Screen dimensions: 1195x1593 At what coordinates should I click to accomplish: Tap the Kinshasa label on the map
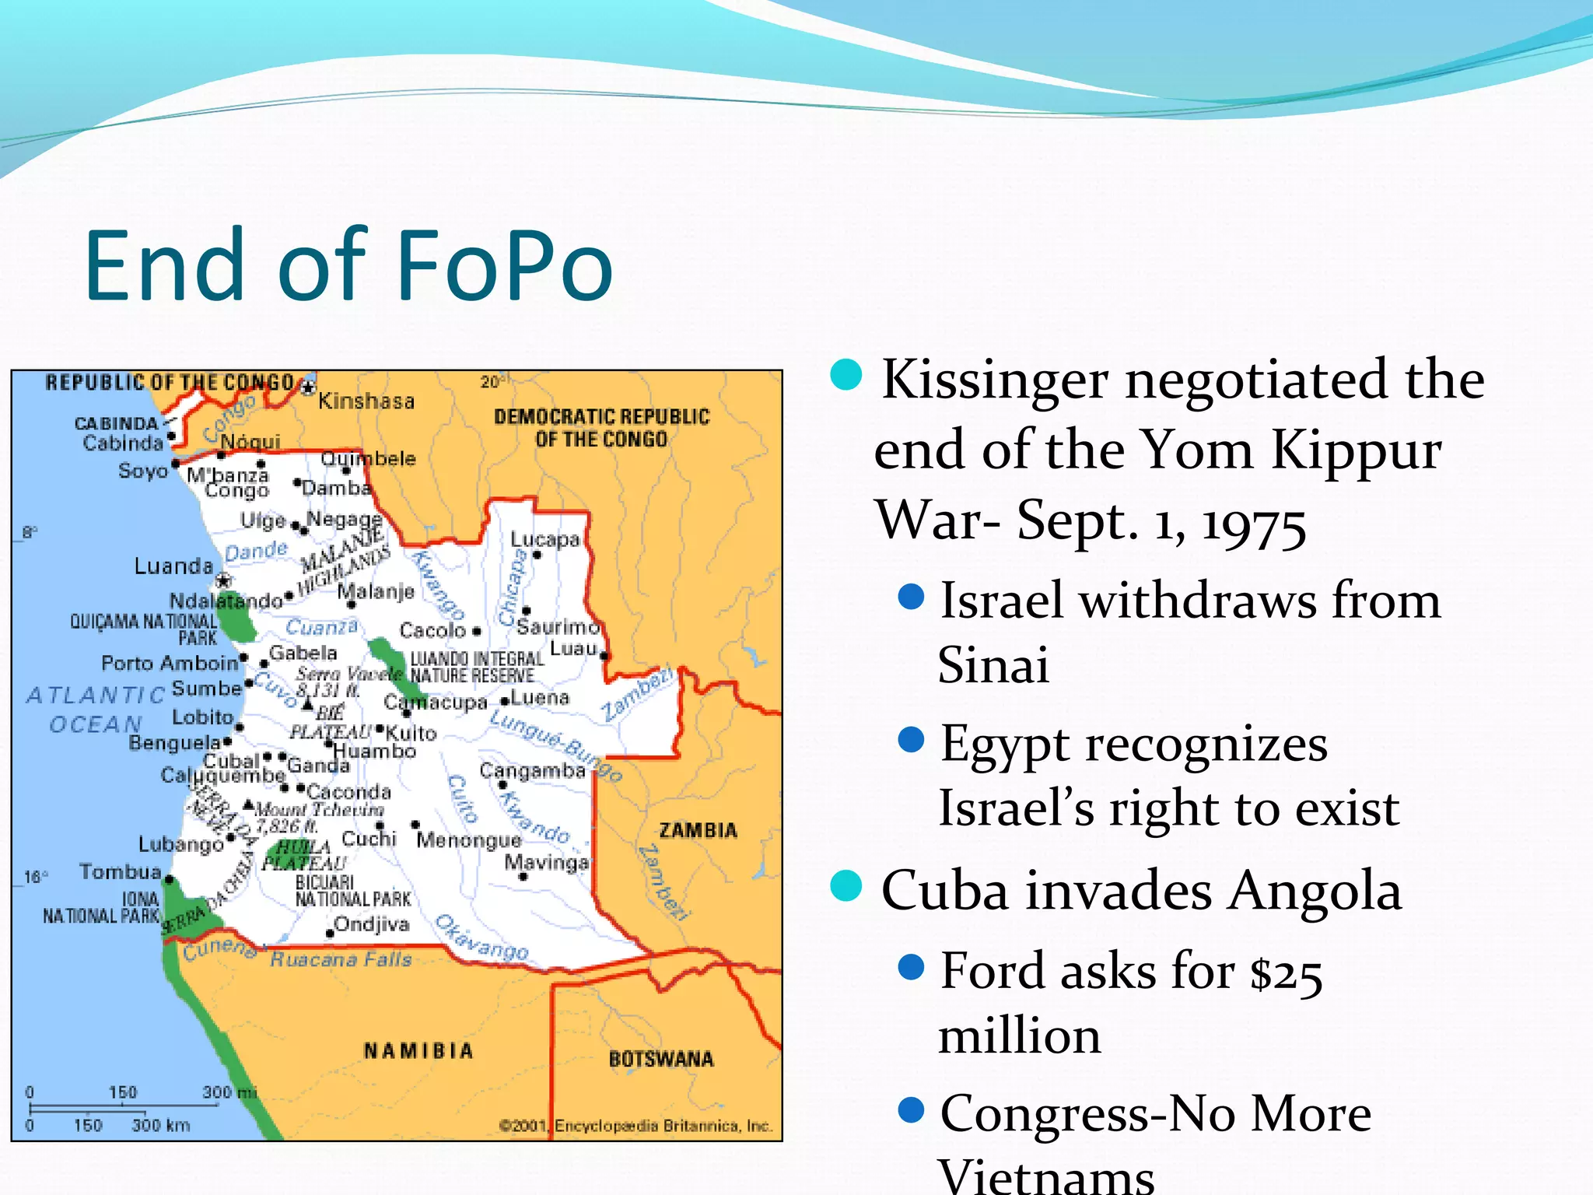[366, 401]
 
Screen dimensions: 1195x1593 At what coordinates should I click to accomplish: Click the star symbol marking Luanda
[223, 580]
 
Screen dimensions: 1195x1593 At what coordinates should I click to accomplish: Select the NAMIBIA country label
[418, 1051]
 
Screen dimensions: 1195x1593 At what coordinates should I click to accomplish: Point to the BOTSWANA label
[661, 1060]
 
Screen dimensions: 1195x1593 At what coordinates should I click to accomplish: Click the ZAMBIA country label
[698, 831]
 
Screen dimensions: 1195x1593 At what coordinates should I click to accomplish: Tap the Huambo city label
[375, 752]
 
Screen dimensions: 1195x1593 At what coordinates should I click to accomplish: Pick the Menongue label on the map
[468, 840]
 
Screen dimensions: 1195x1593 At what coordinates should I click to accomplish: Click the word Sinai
[993, 665]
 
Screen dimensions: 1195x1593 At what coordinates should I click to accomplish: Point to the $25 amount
[1286, 972]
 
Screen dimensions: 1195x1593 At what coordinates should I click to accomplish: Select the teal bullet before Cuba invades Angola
[846, 885]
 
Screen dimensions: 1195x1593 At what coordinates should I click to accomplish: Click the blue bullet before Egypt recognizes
[911, 739]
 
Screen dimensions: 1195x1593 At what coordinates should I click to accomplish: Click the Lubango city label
[180, 844]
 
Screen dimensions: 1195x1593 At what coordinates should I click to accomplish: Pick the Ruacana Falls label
[341, 960]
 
